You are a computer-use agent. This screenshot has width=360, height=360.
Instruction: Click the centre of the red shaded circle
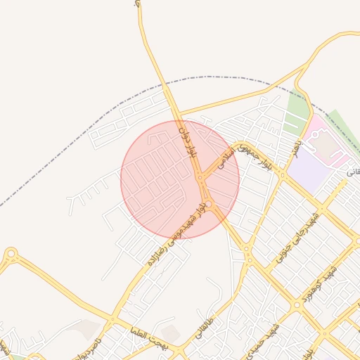click(x=180, y=180)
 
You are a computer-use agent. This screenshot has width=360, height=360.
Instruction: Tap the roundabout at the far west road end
click(x=11, y=254)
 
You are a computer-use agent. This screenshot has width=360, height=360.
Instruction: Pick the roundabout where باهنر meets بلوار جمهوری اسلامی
click(x=280, y=172)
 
